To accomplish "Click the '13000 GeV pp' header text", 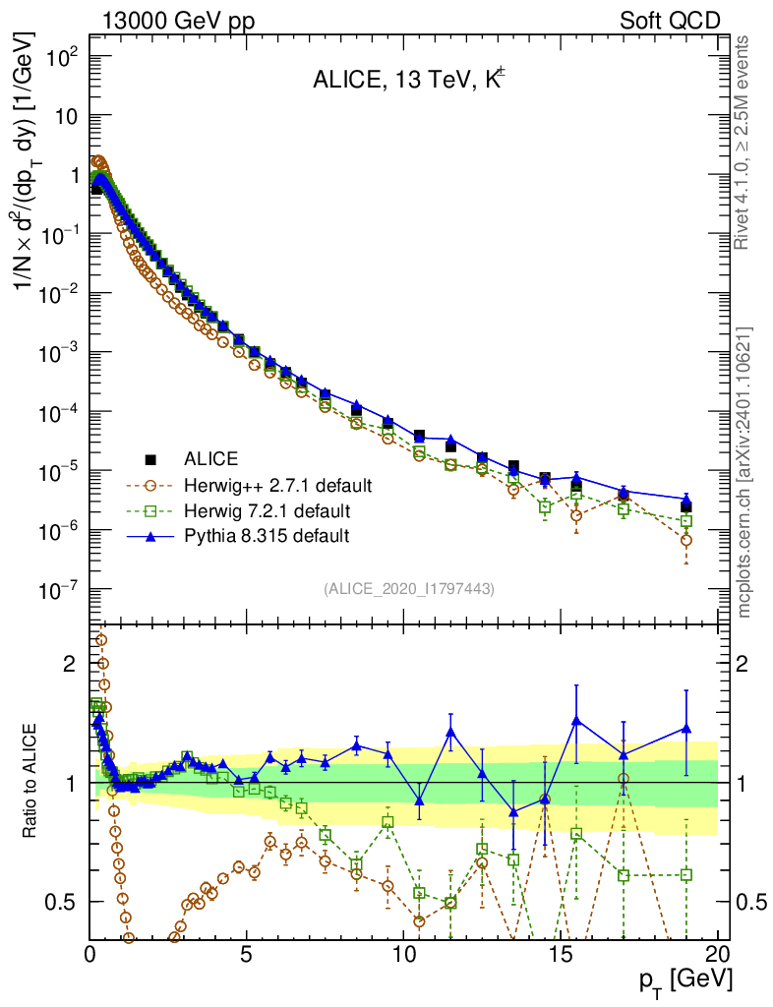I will tap(178, 21).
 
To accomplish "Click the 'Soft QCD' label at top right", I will tap(670, 21).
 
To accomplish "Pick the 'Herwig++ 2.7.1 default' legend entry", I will tap(276, 485).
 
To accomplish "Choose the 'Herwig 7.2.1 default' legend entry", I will tap(267, 510).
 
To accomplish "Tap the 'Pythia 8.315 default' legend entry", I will tap(267, 536).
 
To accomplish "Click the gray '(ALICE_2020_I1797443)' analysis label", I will tap(408, 588).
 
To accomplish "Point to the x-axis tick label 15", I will tap(561, 953).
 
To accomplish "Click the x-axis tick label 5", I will tap(247, 953).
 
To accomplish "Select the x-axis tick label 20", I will tap(718, 953).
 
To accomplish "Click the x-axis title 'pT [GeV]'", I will tap(681, 981).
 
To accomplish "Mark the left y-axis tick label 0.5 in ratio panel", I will tap(66, 902).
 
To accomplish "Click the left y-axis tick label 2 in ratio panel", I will tap(70, 664).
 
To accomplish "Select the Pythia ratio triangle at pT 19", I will tap(686, 729).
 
